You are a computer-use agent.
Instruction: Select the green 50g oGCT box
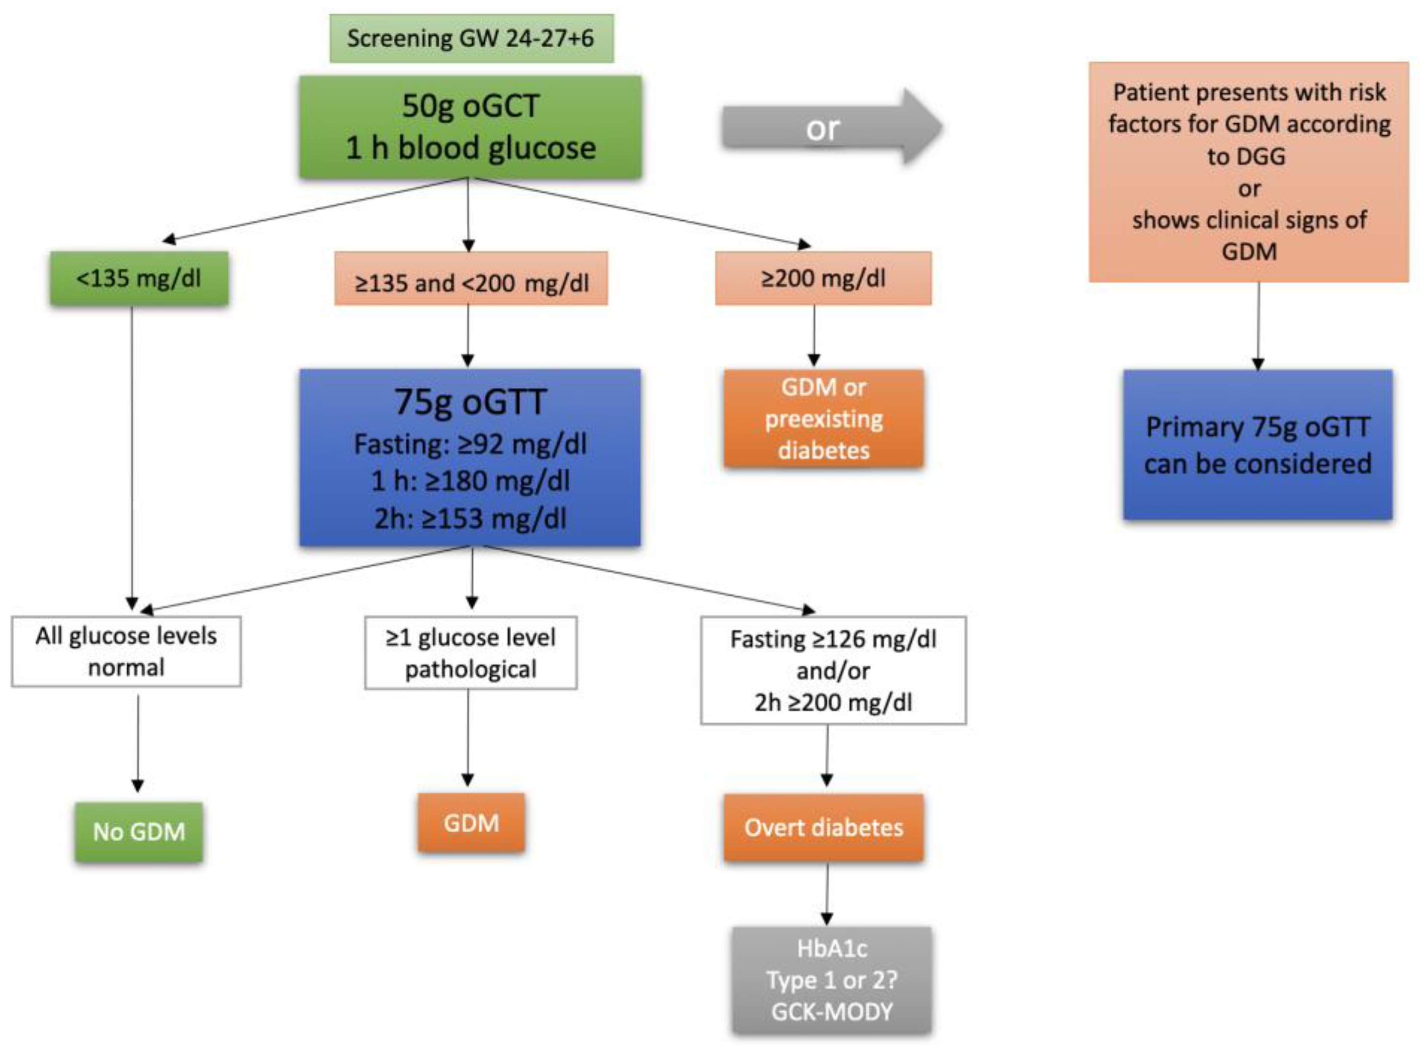pyautogui.click(x=470, y=127)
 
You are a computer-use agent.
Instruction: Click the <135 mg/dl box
pyautogui.click(x=139, y=279)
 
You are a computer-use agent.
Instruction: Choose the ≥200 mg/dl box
pyautogui.click(x=823, y=279)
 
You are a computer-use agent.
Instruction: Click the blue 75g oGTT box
pyautogui.click(x=470, y=456)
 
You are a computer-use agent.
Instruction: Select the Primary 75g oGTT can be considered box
pyautogui.click(x=1257, y=445)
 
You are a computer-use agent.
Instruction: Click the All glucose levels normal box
pyautogui.click(x=126, y=652)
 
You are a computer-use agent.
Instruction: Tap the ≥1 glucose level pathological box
pyautogui.click(x=470, y=653)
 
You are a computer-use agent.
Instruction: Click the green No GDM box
pyautogui.click(x=139, y=832)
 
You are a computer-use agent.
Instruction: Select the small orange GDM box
pyautogui.click(x=471, y=823)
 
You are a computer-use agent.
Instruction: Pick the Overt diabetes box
pyautogui.click(x=823, y=828)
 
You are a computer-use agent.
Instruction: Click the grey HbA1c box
pyautogui.click(x=832, y=980)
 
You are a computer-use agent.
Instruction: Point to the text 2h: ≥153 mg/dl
pyautogui.click(x=470, y=519)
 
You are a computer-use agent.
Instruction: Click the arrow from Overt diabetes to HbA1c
pyautogui.click(x=826, y=893)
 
